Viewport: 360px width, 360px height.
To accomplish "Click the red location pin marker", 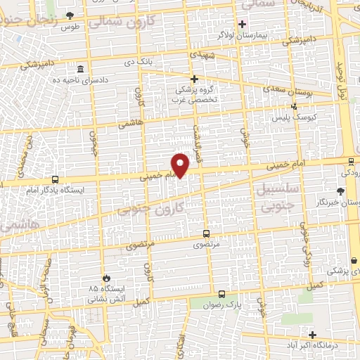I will click(181, 166).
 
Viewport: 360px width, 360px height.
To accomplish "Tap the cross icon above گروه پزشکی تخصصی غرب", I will click(195, 79).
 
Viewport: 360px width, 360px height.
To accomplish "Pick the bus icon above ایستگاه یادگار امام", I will click(55, 179).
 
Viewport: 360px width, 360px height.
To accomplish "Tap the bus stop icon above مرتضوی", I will click(206, 233).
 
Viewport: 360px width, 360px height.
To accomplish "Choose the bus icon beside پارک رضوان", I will click(221, 295).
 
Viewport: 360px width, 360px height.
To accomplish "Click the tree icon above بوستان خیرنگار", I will click(341, 191).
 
